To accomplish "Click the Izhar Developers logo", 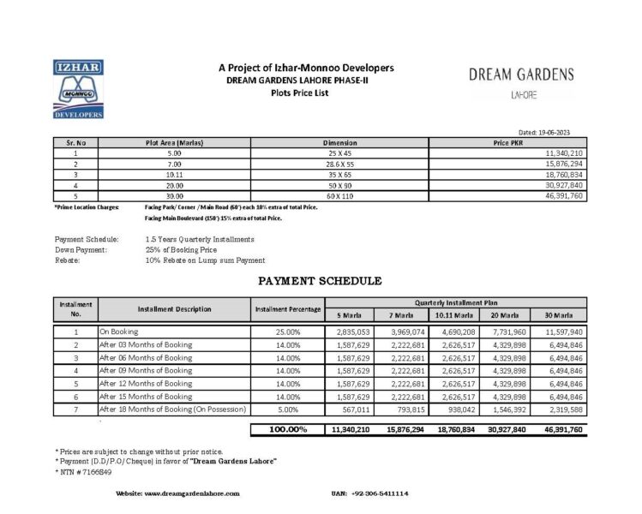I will coord(78,89).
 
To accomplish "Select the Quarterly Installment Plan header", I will coord(456,302).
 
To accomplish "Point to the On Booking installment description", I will coord(119,331).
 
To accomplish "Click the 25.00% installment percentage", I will coord(288,331).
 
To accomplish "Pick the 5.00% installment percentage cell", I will coord(288,411).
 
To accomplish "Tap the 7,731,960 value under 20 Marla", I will coord(506,331).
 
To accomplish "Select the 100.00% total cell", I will coord(288,429).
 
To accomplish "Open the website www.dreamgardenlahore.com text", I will coord(177,494).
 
